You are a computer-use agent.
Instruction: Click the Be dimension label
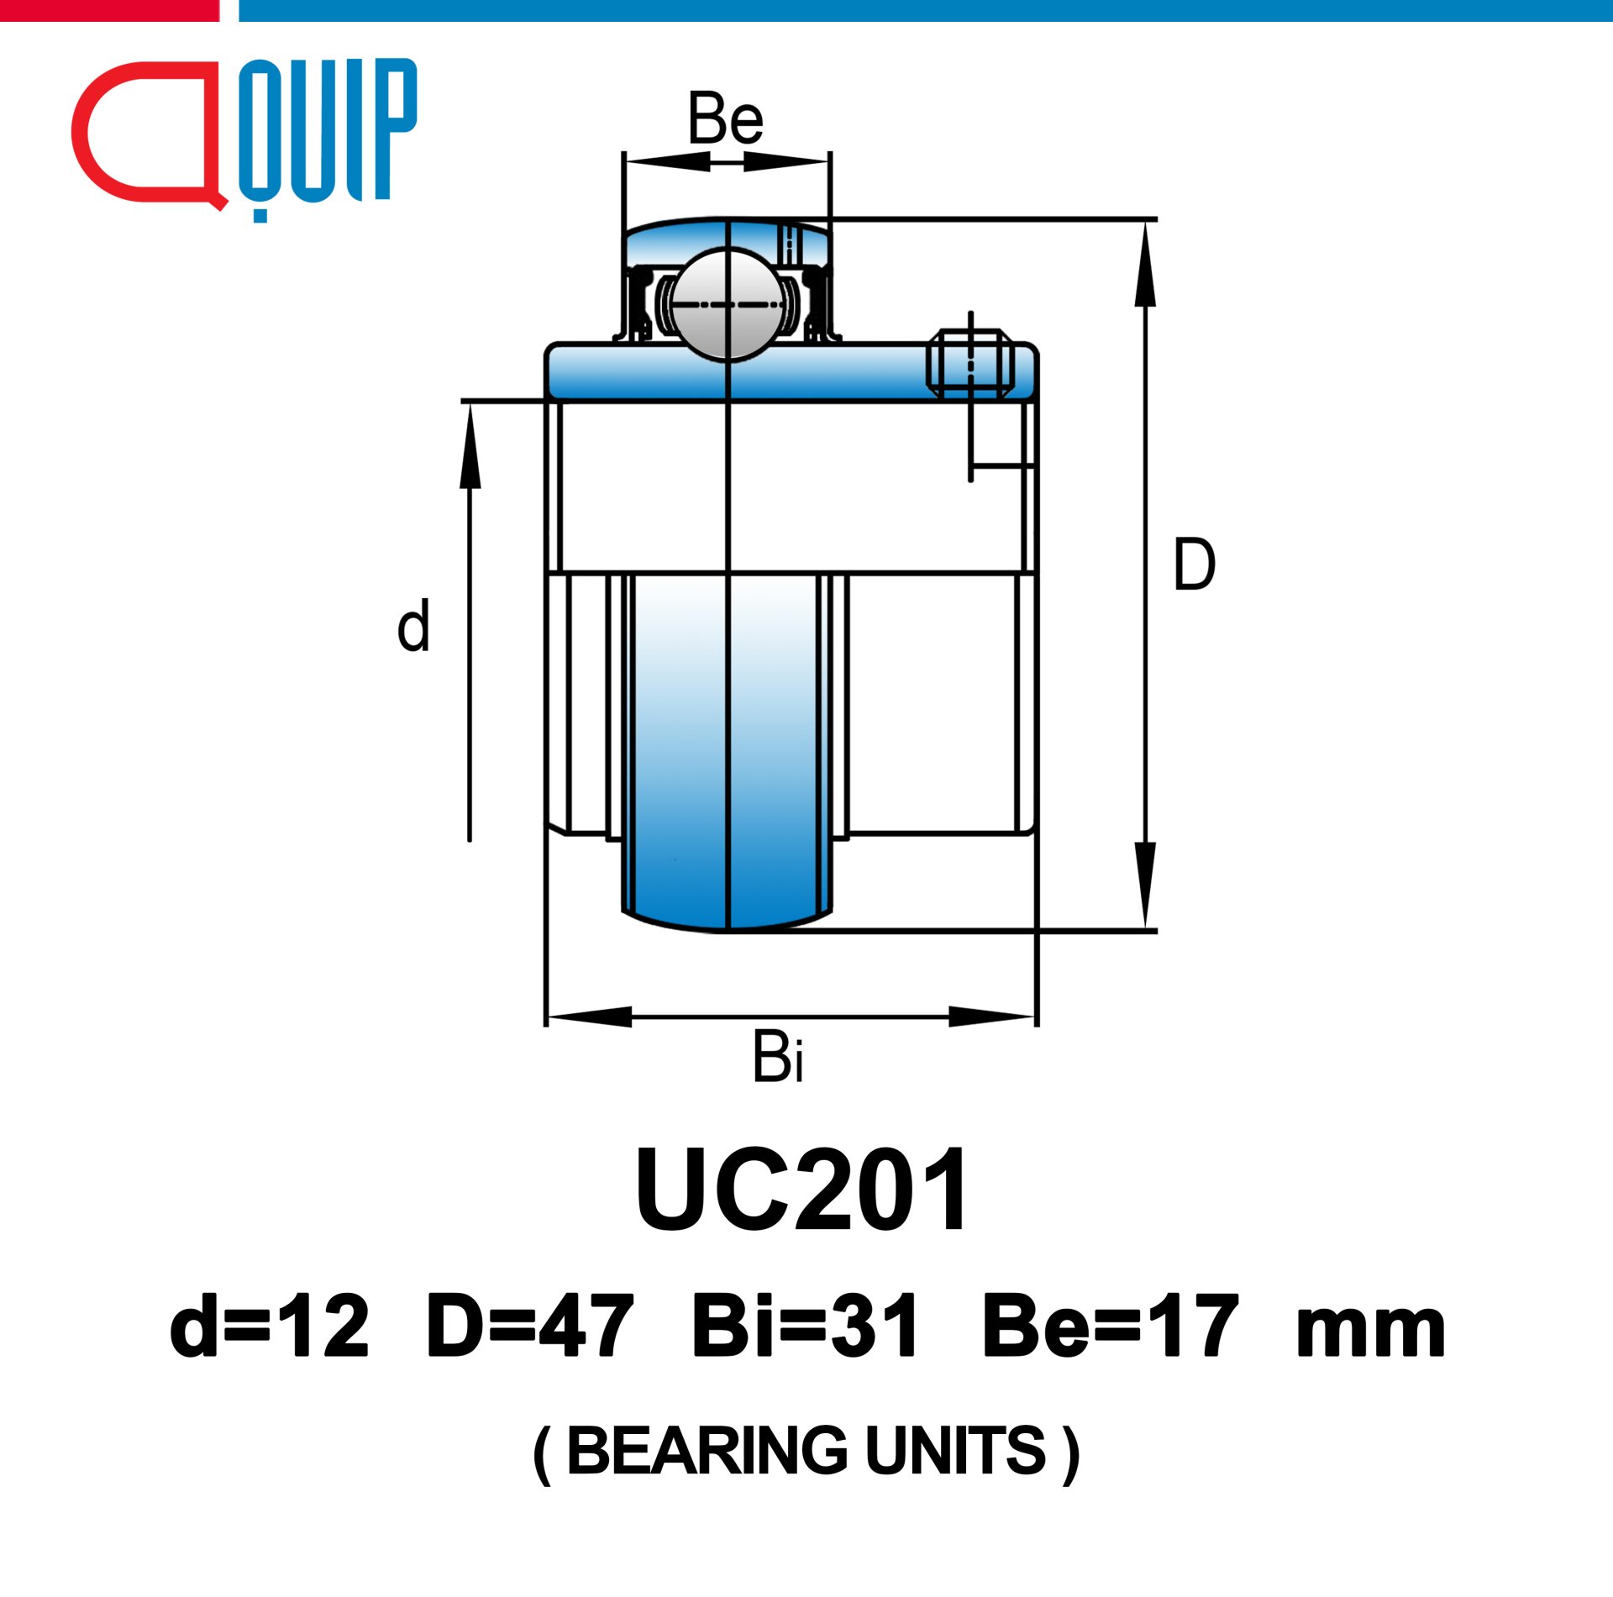725,118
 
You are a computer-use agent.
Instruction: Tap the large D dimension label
1194,565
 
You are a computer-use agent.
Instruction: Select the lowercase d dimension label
413,626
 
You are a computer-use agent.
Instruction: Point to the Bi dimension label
778,1057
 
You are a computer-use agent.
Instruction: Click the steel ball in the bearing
728,303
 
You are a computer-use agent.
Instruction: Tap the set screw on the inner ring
970,363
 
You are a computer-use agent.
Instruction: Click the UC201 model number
802,1190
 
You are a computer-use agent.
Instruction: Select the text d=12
269,1327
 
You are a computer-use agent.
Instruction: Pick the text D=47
529,1327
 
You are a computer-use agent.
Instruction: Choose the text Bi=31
805,1327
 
